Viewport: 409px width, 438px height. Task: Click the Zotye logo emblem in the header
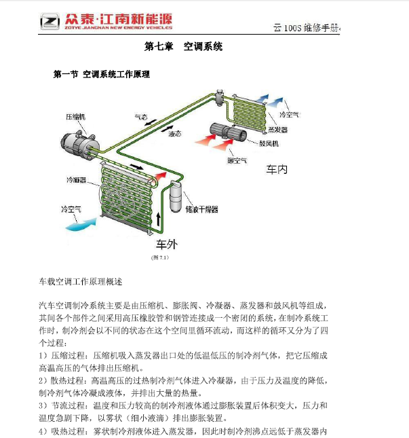pyautogui.click(x=50, y=21)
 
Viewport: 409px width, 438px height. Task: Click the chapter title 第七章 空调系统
pyautogui.click(x=183, y=46)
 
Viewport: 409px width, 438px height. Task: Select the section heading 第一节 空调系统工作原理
pyautogui.click(x=102, y=74)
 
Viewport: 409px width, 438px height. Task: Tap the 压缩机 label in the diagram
pyautogui.click(x=75, y=117)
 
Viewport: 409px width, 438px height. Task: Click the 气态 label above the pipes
pyautogui.click(x=141, y=117)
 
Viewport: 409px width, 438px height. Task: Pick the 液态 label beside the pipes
pyautogui.click(x=174, y=134)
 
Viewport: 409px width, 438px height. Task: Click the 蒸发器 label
pyautogui.click(x=277, y=130)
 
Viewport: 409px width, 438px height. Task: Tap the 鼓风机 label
pyautogui.click(x=269, y=143)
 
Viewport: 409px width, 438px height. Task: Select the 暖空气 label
pyautogui.click(x=237, y=161)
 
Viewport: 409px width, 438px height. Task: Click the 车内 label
pyautogui.click(x=277, y=170)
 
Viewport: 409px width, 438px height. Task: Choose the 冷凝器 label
pyautogui.click(x=76, y=180)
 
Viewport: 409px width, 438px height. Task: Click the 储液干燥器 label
pyautogui.click(x=201, y=209)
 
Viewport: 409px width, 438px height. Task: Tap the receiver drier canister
pyautogui.click(x=176, y=197)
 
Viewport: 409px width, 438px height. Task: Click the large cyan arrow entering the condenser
pyautogui.click(x=81, y=225)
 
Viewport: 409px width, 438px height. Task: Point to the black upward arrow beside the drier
pyautogui.click(x=159, y=219)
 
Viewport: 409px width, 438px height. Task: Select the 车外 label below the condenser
pyautogui.click(x=167, y=244)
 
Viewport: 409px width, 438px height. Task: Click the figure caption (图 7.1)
pyautogui.click(x=160, y=257)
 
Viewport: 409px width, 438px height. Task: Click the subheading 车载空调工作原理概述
pyautogui.click(x=81, y=282)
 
